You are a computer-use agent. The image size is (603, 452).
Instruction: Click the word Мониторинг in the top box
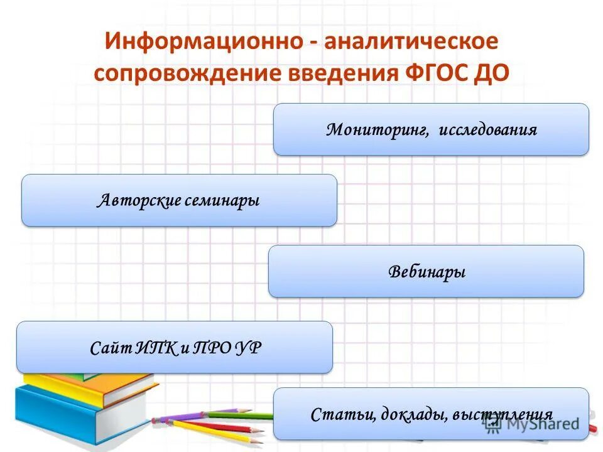(x=377, y=130)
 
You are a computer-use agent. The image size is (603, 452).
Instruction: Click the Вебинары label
(x=426, y=272)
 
